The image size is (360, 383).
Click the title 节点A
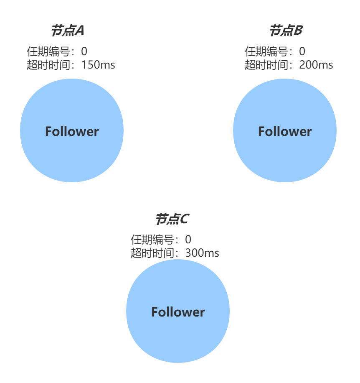point(68,31)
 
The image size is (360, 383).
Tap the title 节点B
point(286,31)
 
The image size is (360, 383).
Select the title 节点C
point(172,219)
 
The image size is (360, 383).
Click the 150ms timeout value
point(98,65)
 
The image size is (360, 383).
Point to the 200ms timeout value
point(316,65)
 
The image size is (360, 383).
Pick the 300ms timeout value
point(202,253)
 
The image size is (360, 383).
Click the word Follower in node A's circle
point(72,131)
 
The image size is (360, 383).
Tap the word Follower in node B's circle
point(285,131)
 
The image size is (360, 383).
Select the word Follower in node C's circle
point(178,312)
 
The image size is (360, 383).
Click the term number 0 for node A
point(84,52)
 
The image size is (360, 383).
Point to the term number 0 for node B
point(302,52)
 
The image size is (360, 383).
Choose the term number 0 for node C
point(188,240)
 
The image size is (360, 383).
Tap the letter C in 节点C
point(184,219)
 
